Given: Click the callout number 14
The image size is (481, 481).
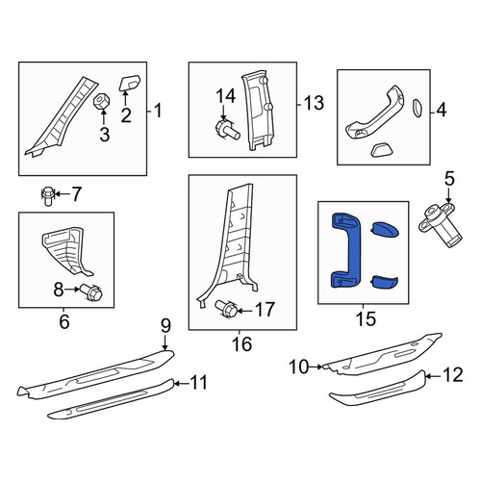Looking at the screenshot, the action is point(226,95).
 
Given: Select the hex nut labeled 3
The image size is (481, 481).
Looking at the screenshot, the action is point(101,101).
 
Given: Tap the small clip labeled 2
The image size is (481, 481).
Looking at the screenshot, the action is point(130,83).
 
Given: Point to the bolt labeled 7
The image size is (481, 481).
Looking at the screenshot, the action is point(48,195).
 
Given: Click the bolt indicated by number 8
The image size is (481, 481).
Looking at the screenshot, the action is point(91,291).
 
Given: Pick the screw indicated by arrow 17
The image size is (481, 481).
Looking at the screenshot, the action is point(226,308).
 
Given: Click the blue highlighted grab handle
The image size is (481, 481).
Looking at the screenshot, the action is point(346,249).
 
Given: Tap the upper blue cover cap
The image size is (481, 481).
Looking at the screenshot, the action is point(385,229).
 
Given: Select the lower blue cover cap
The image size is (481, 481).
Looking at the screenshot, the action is point(384,281).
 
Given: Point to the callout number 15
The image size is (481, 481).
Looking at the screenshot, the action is point(366,318).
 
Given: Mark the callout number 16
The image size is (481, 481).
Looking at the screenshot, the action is point(241,343).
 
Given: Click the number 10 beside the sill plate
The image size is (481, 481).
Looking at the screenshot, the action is point(299,367).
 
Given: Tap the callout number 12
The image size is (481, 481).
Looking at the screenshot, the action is point(453,374).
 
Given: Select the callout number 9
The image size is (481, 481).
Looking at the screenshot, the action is point(165,326).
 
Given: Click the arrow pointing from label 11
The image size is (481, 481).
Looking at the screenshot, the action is point(182,383).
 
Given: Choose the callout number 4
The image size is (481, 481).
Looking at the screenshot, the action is point(442,111).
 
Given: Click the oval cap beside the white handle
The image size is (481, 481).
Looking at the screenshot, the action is point(417,108).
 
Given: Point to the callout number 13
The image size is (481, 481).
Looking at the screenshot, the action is point(314,103).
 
